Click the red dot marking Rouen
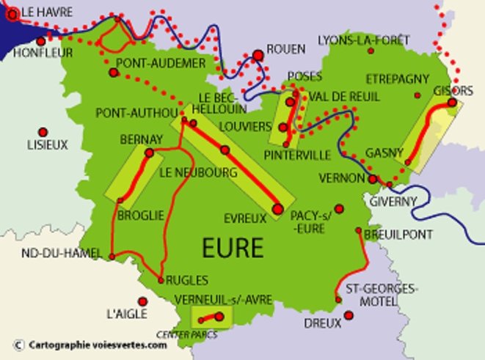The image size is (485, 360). point(258,54)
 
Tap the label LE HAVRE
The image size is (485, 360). point(48,12)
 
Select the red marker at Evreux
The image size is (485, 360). point(277,209)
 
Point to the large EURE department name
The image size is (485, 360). point(232,247)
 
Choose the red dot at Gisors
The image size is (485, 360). point(451,103)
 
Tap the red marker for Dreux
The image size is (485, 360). point(349,315)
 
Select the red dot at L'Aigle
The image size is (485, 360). point(143,301)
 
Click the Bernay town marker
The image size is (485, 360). point(150,153)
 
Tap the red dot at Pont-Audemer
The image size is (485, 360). point(114,73)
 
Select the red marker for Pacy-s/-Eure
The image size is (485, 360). point(338,207)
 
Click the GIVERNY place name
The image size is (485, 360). point(393,200)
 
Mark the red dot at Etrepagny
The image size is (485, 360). point(417,95)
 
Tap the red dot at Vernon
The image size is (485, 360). point(373,179)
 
